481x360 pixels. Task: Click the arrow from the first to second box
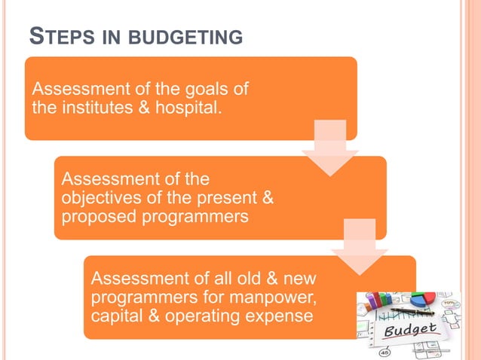click(x=329, y=148)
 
